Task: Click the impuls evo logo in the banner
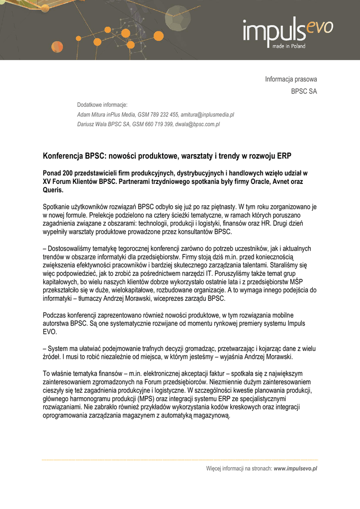pos(287,31)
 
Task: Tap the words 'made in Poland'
pos(289,46)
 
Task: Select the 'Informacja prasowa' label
pos(291,79)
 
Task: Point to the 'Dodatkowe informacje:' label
pos(102,104)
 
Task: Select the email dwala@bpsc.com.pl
pos(197,124)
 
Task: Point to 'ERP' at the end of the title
pos(284,156)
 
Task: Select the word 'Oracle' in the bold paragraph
pos(255,181)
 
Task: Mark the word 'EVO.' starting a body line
pos(50,332)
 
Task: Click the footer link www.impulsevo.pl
pos(295,468)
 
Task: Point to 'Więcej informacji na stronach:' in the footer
pos(239,468)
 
